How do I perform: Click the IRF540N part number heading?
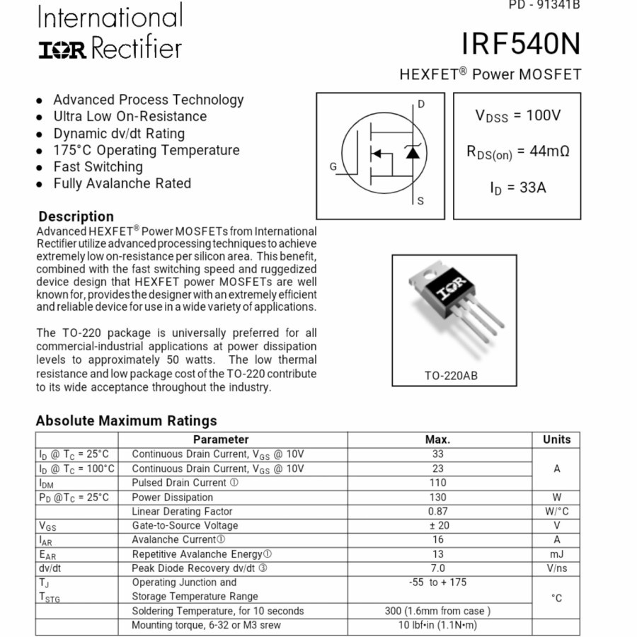(520, 45)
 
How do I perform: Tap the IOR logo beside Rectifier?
(62, 50)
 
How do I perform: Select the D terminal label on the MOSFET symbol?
(421, 105)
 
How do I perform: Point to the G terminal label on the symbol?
(333, 167)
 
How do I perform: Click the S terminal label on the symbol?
(420, 201)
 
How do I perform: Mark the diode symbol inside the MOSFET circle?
(412, 151)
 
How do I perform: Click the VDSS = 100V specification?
(517, 115)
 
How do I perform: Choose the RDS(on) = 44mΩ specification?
(517, 151)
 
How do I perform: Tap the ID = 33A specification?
(517, 188)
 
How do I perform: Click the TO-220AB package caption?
(451, 375)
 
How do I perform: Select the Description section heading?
(76, 217)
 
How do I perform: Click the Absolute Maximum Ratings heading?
(126, 420)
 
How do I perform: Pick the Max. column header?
(437, 440)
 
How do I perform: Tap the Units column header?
(556, 440)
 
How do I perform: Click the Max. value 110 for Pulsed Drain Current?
(437, 483)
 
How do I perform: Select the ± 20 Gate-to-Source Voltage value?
(437, 525)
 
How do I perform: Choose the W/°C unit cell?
(556, 511)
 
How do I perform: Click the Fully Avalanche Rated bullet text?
(122, 183)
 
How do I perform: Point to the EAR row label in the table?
(47, 555)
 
